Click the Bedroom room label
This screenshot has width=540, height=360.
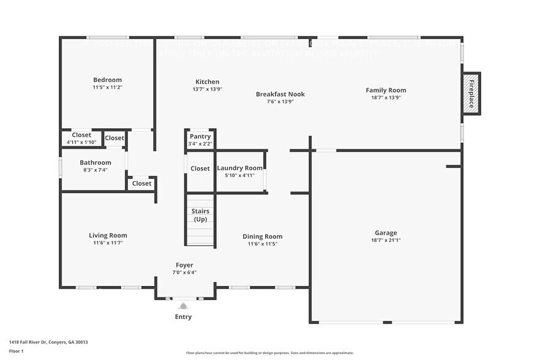tap(107, 80)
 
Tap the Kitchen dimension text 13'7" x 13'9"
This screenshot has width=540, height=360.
tap(207, 89)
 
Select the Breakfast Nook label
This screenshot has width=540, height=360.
tap(280, 94)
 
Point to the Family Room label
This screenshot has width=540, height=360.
tap(386, 90)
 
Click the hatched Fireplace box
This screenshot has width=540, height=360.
tap(471, 94)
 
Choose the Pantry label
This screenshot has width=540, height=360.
tap(200, 137)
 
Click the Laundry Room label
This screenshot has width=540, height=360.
tap(239, 168)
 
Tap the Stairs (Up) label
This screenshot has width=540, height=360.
tap(200, 216)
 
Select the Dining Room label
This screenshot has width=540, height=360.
tap(262, 236)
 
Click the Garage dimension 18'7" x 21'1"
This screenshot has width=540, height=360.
tap(386, 241)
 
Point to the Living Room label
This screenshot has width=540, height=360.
tap(108, 235)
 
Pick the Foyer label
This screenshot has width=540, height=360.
tap(184, 265)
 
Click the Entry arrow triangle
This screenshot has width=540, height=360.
tap(183, 306)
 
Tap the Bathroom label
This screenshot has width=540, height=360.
tap(95, 162)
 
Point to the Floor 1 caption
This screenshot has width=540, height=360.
tap(17, 351)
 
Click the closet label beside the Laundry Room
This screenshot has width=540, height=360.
tap(200, 168)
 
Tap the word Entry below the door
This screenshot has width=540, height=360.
tap(183, 317)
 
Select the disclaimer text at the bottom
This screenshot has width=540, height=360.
tap(269, 353)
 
